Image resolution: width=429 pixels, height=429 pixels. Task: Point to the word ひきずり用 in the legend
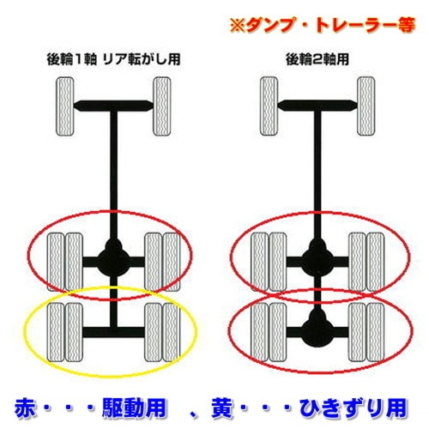coord(346,403)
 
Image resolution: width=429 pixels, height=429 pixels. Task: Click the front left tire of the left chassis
coord(64,106)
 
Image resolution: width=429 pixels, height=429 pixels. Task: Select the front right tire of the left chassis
coord(160,106)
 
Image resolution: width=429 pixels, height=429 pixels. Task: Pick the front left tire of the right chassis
coord(269,106)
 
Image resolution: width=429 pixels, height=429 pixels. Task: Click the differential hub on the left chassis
coord(112,255)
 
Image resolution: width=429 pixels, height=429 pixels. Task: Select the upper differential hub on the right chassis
coord(317,255)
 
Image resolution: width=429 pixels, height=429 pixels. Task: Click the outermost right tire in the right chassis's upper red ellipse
coord(376,255)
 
